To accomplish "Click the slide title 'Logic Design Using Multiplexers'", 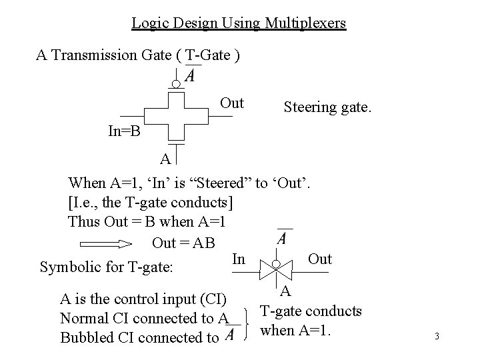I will [x=239, y=23].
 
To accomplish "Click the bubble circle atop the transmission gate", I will [x=175, y=85].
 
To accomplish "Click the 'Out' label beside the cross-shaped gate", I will [x=231, y=103].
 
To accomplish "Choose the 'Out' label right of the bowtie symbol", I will [x=320, y=259].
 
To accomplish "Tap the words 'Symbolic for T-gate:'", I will [x=107, y=268].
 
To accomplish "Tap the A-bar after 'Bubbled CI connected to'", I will [x=229, y=336].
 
